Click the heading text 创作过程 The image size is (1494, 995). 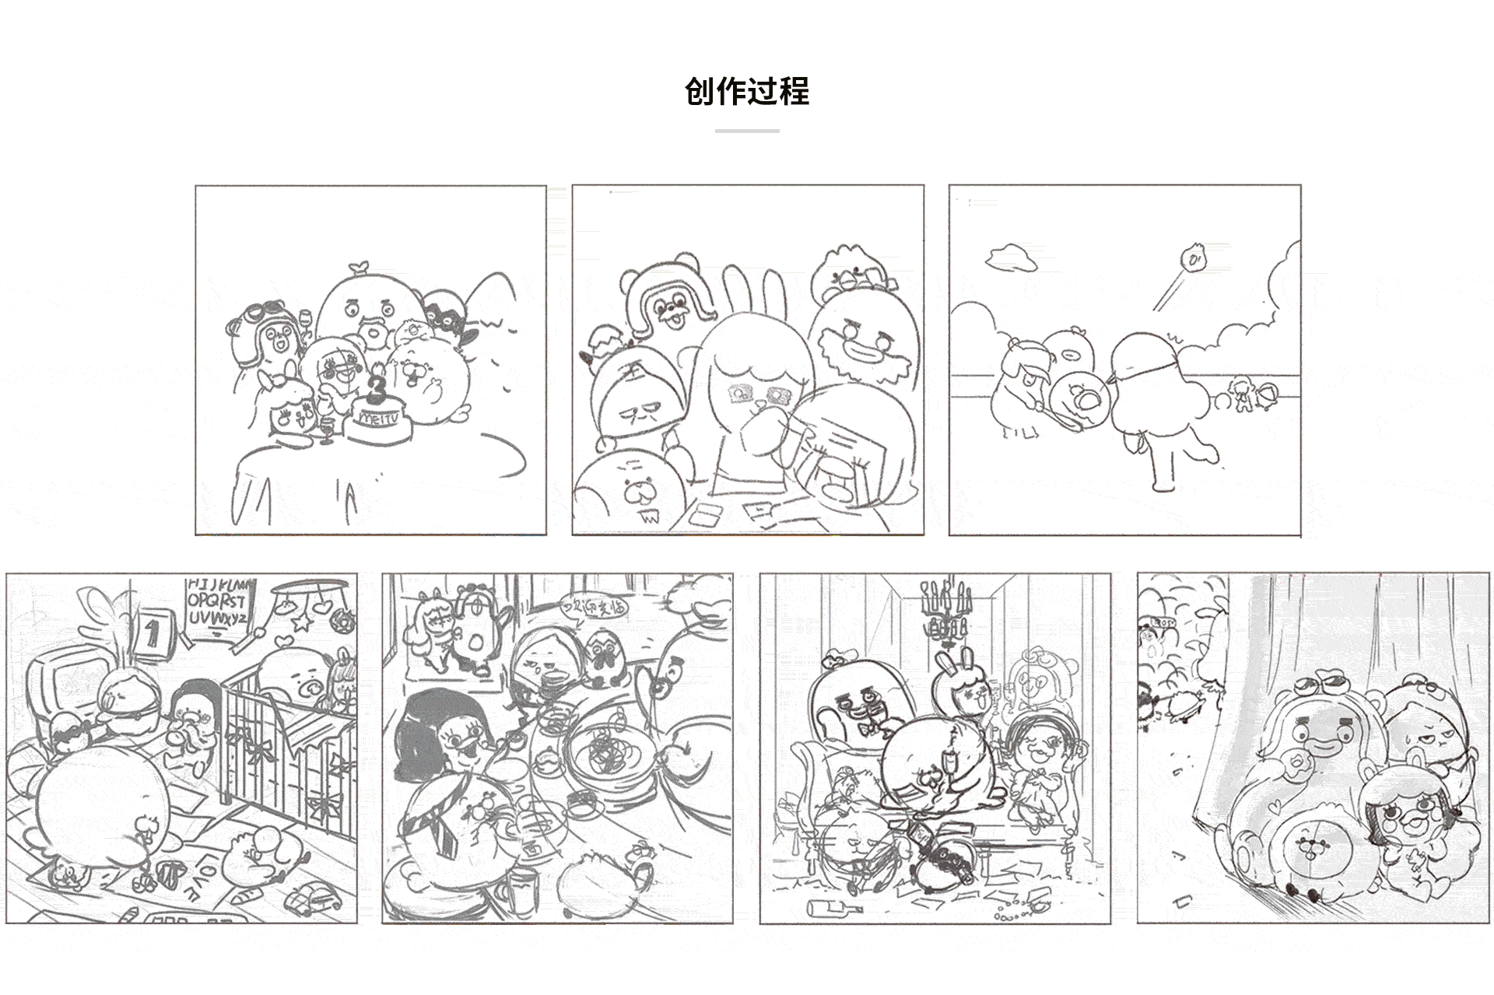[x=747, y=92]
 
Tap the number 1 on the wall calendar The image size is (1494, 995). [x=152, y=633]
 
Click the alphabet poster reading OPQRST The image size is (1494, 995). [x=216, y=601]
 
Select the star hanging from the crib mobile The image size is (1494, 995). [x=301, y=622]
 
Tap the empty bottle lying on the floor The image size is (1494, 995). [x=833, y=907]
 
